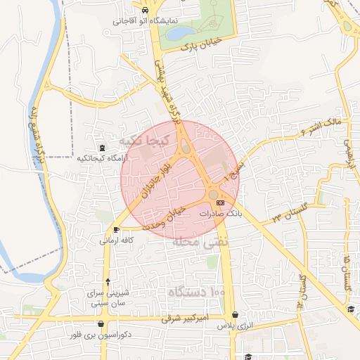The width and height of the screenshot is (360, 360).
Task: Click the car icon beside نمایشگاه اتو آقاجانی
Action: point(144,11)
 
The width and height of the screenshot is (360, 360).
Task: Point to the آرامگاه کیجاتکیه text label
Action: point(103,158)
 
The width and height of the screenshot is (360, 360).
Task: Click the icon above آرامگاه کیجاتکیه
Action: point(103,148)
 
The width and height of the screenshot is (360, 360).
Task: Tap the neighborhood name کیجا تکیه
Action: point(146,141)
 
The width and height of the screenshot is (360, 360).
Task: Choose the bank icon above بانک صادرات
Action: point(221,202)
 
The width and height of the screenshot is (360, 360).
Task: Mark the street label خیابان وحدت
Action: point(164,217)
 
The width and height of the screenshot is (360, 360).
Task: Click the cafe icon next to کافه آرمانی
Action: point(116,229)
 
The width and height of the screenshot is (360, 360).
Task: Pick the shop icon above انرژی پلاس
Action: point(234,315)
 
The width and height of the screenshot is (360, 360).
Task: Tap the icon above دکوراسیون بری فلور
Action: point(103,325)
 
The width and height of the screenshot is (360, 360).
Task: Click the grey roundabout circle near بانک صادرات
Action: point(213,193)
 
